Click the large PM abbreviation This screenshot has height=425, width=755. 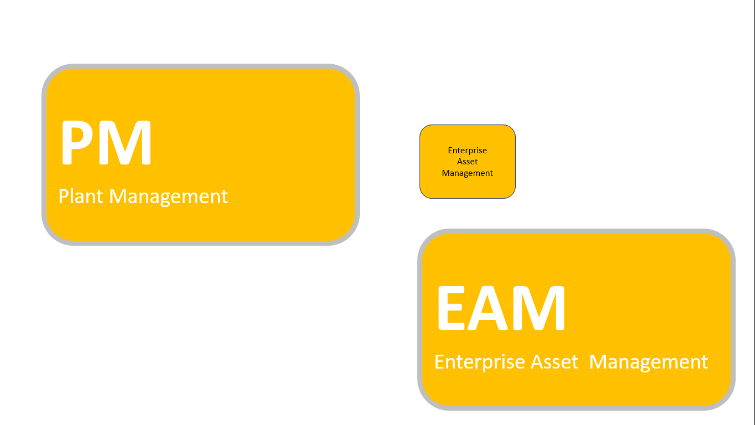pos(106,143)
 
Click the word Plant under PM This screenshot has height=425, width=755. pos(81,196)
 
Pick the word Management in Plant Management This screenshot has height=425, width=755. pos(169,196)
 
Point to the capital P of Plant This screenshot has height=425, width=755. pos(63,196)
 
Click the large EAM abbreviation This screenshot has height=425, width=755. pos(501,308)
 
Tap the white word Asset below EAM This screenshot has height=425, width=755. pos(554,362)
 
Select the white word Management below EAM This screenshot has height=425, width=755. pos(648,362)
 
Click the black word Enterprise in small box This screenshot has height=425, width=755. pos(468,151)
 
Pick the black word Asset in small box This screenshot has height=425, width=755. pos(468,162)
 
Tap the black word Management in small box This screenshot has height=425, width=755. pos(468,173)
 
